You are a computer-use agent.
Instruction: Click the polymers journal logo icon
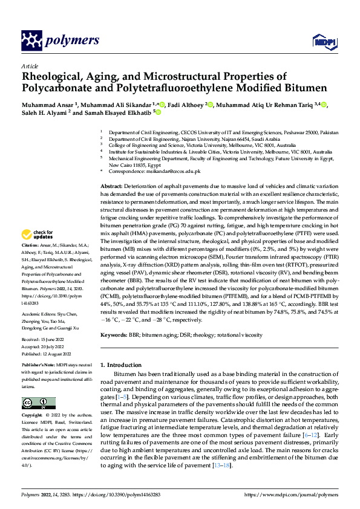pyautogui.click(x=34, y=41)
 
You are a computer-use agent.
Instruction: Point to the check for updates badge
pyautogui.click(x=37, y=233)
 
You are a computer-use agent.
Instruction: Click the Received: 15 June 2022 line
pyautogui.click(x=44, y=340)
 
